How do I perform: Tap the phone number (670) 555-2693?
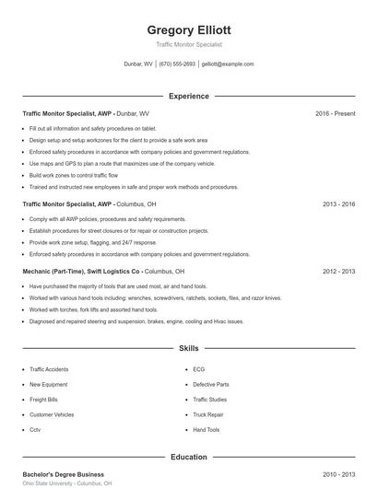point(177,64)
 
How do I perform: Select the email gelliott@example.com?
point(227,64)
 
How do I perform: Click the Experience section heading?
point(188,96)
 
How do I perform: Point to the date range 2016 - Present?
point(335,113)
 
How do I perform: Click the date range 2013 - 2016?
point(338,203)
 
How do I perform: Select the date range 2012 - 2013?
point(338,272)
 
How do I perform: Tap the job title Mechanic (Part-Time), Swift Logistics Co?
point(81,272)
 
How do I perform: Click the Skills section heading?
point(188,349)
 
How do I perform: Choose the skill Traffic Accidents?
point(49,369)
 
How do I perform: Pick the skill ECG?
point(198,369)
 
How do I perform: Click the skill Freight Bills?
point(44,400)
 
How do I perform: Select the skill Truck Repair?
point(207,414)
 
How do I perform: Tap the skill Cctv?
point(35,430)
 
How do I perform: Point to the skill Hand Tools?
point(207,430)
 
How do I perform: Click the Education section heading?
point(188,457)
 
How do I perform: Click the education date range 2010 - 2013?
point(338,474)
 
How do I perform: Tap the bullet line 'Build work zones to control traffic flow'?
point(74,175)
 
